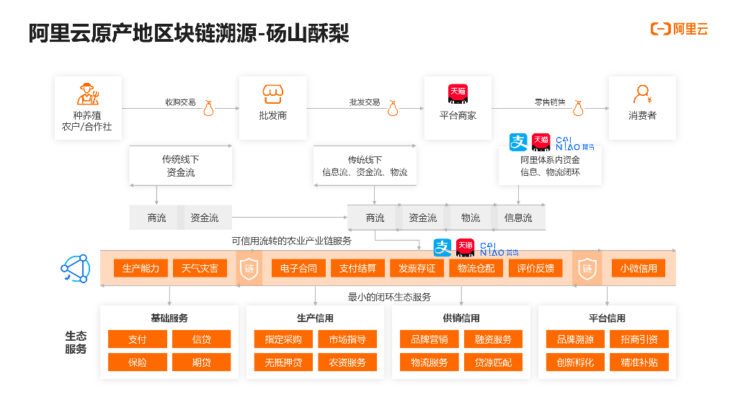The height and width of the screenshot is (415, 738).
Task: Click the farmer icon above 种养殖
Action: [87, 94]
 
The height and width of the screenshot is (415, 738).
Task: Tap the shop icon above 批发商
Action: [272, 94]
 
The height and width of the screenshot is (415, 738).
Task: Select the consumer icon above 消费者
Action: [641, 94]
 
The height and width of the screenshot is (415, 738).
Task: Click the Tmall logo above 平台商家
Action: [458, 93]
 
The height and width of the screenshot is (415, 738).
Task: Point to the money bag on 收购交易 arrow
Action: [209, 108]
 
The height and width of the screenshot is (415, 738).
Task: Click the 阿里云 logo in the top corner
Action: [680, 29]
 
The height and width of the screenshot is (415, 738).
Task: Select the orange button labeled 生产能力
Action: [141, 269]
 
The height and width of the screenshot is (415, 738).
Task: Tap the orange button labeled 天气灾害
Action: [200, 269]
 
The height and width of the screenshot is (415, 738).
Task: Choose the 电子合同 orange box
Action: [298, 269]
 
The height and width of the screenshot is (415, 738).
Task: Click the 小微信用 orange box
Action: [639, 269]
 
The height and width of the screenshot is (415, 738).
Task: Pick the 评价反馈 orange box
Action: [535, 269]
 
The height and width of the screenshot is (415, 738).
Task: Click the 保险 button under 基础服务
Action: [138, 362]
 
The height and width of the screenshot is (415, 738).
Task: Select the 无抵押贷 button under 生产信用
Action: [283, 362]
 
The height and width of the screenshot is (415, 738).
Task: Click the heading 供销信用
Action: [461, 318]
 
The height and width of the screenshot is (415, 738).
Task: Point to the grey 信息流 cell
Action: [518, 218]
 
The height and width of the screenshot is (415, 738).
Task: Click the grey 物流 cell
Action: [471, 218]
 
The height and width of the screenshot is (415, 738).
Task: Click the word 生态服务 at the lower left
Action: [76, 342]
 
